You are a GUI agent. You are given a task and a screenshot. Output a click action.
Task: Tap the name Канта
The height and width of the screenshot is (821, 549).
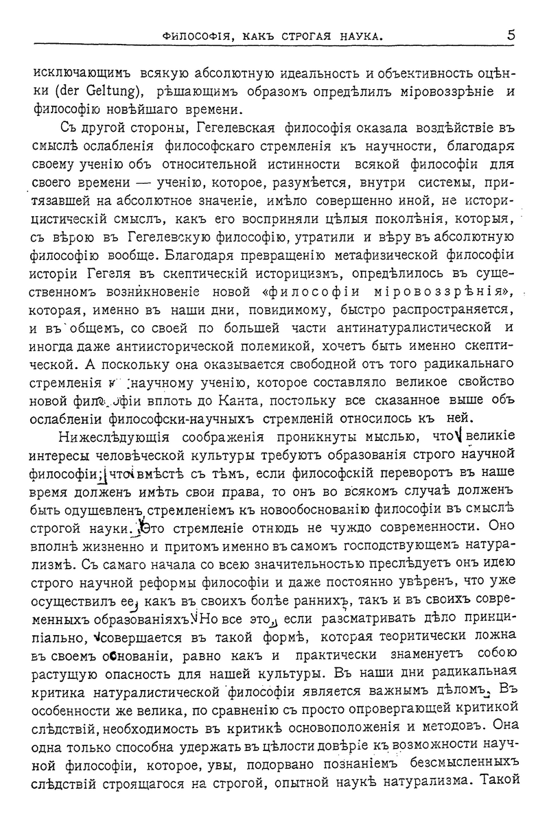[316, 400]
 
